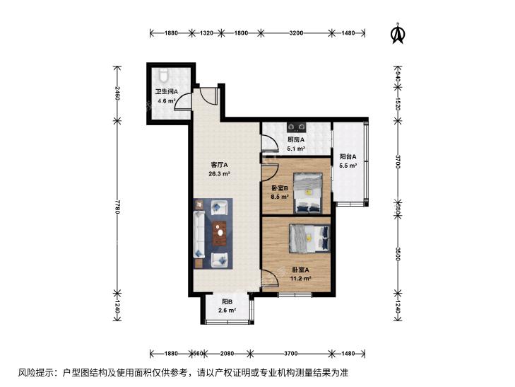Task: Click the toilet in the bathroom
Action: point(164,75)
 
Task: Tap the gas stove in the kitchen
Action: point(297,126)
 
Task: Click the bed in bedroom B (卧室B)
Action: point(308,193)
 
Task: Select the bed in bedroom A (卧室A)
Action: point(309,238)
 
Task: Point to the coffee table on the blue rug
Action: point(220,233)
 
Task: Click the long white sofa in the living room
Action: point(199,234)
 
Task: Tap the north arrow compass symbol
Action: point(398,33)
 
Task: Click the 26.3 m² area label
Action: point(219,173)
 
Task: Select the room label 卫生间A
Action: point(167,92)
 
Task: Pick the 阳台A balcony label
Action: point(348,157)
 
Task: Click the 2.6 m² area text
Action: point(227,310)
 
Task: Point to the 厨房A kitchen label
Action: point(296,140)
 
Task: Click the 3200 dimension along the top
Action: point(296,33)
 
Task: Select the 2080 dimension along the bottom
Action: point(227,354)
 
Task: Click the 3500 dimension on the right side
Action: point(398,254)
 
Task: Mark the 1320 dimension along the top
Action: point(206,33)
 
